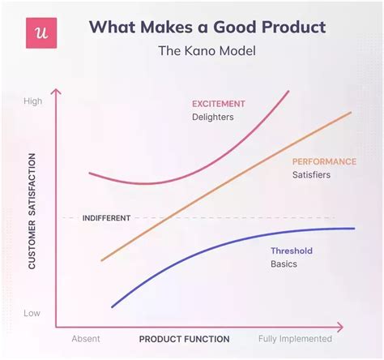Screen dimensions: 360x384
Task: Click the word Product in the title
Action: (x=286, y=27)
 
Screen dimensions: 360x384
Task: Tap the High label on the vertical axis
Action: (x=33, y=101)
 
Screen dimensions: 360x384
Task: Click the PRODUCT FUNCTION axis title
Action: (x=184, y=339)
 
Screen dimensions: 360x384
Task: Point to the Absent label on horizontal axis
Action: (x=86, y=339)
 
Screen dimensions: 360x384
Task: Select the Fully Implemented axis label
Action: (x=295, y=339)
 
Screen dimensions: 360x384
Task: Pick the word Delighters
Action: (x=214, y=118)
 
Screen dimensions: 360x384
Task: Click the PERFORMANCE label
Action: (x=324, y=161)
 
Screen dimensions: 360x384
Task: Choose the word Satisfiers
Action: (x=311, y=175)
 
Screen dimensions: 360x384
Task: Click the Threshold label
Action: (x=292, y=251)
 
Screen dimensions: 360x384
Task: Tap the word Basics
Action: (x=284, y=264)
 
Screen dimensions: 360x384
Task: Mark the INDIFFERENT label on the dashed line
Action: (x=106, y=218)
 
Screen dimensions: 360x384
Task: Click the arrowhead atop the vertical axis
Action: (x=55, y=92)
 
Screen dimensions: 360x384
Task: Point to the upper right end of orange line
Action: (x=351, y=114)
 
